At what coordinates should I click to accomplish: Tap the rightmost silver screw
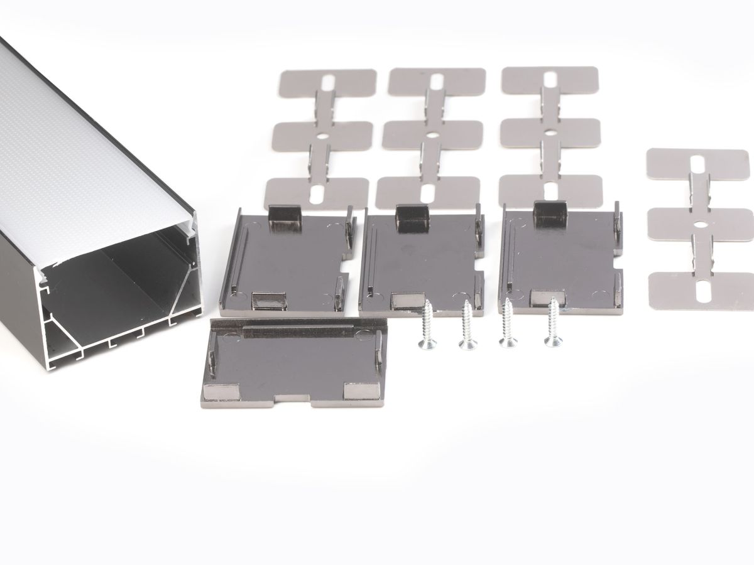click(553, 323)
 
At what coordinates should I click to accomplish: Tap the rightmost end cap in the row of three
click(559, 257)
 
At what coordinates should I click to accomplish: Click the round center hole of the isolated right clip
click(699, 223)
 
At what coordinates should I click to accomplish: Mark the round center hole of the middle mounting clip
click(432, 134)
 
